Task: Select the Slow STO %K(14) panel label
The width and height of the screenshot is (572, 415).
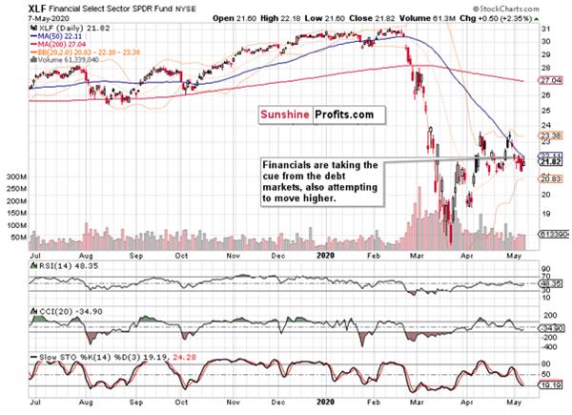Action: click(67, 356)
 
